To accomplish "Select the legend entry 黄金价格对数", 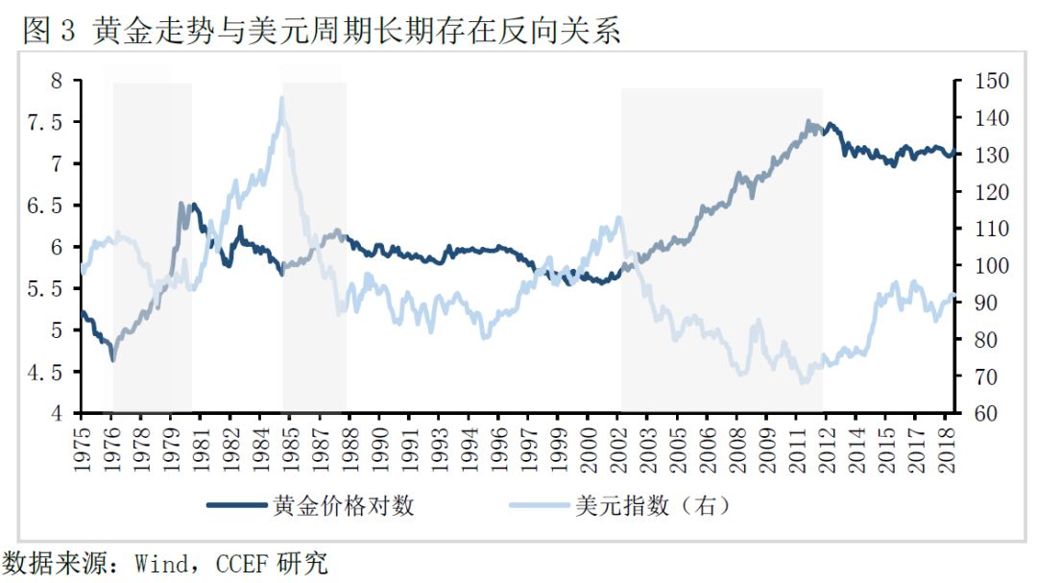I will (344, 504).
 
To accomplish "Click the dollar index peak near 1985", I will (281, 98).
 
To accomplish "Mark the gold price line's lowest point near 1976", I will (113, 359).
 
